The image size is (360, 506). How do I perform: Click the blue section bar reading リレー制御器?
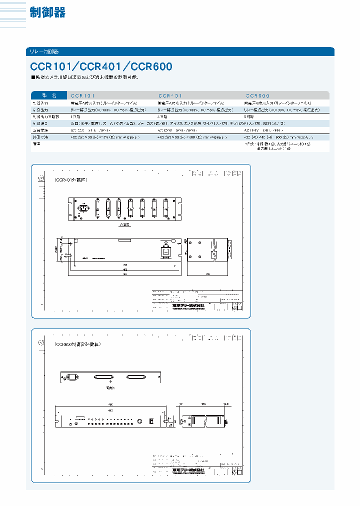click(44, 51)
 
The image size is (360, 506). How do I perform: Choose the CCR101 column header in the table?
click(83, 95)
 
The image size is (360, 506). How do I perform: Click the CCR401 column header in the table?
click(170, 95)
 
